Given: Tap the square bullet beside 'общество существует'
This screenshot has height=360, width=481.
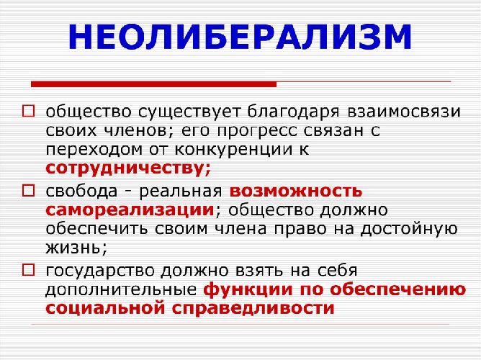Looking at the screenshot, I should tap(28, 113).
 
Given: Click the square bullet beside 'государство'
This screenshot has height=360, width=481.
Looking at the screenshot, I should tap(28, 271).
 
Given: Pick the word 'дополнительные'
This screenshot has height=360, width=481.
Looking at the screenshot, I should tap(120, 290).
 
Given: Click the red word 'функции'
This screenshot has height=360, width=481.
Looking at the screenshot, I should tap(243, 290).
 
